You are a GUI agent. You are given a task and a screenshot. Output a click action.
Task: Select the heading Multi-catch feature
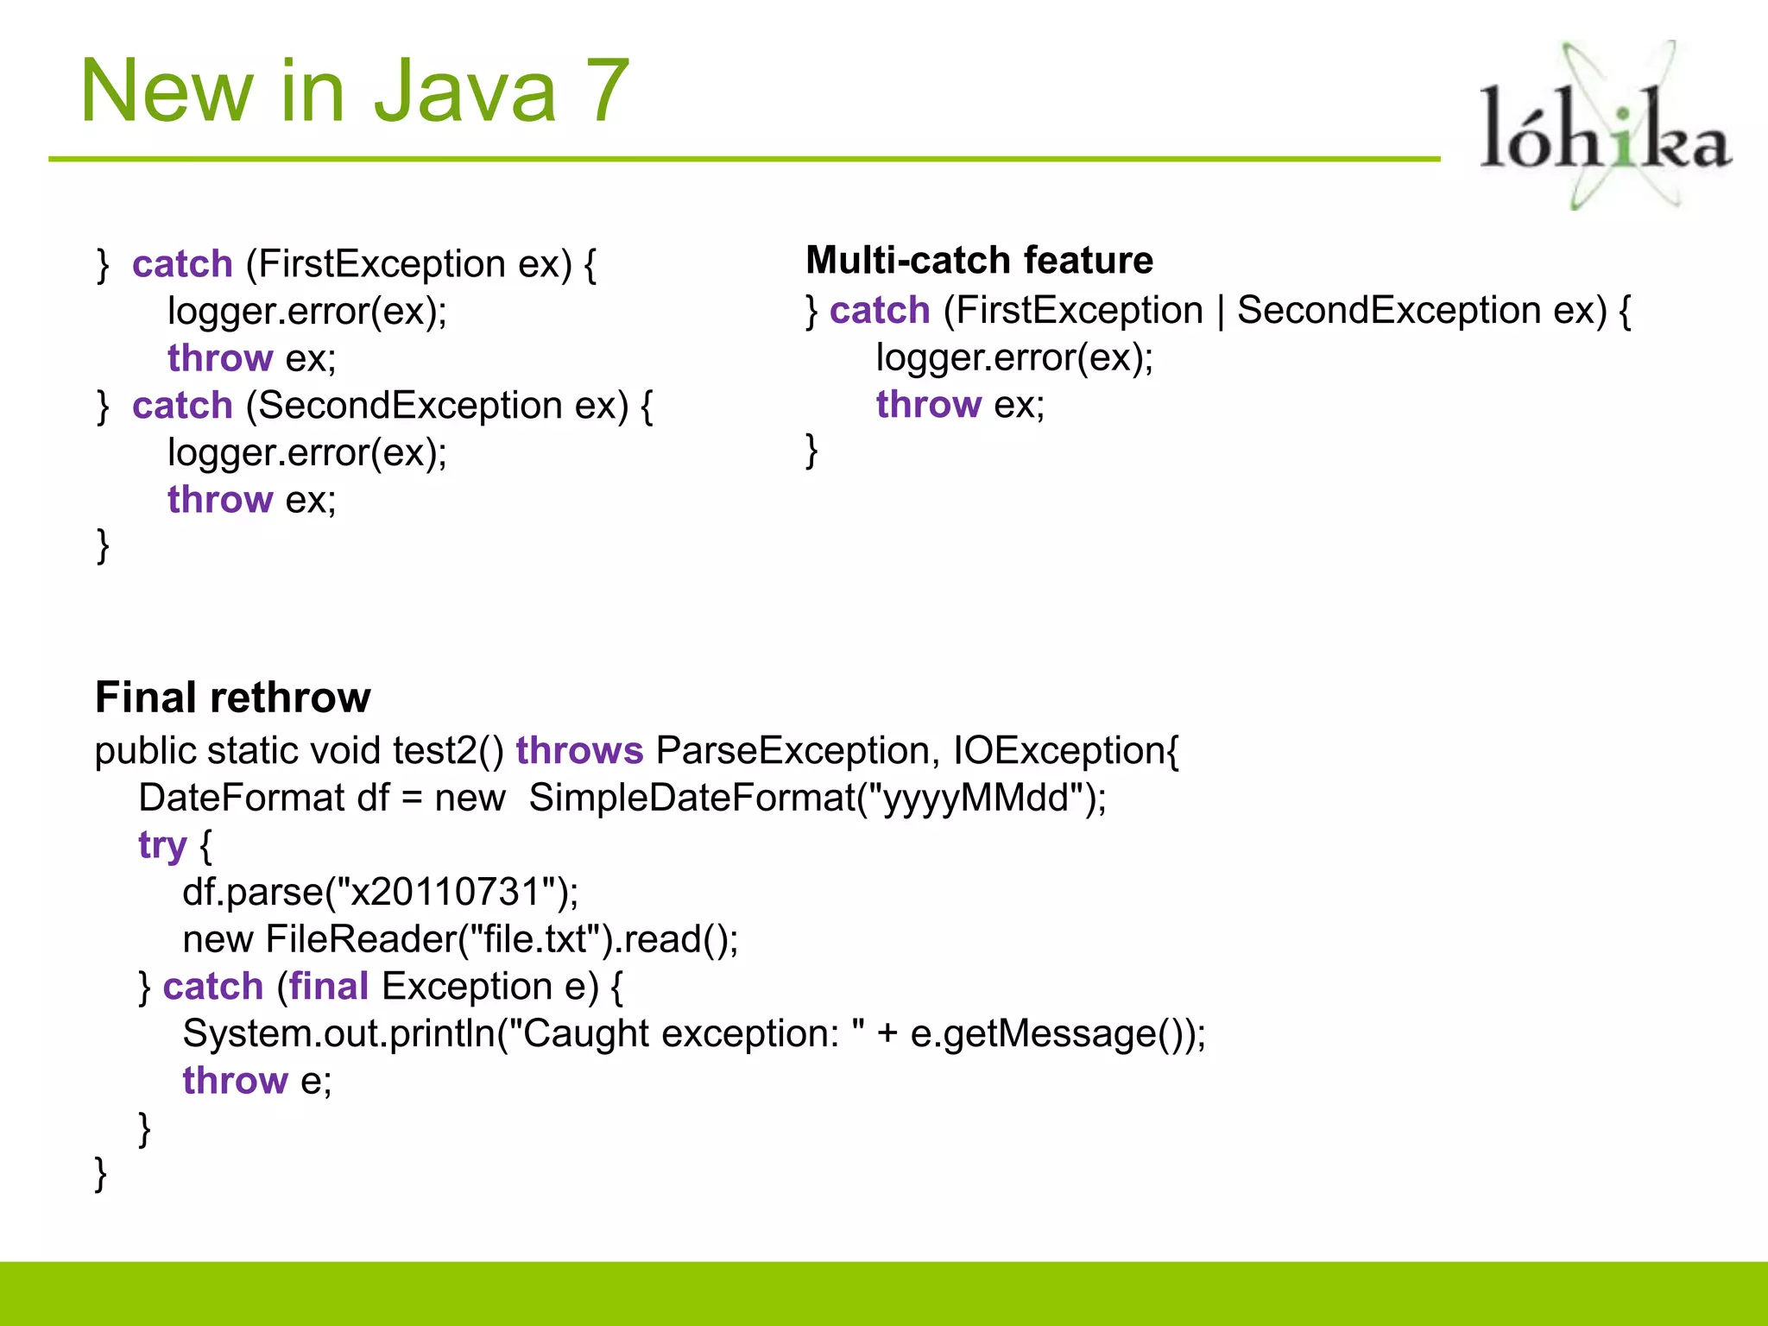[979, 260]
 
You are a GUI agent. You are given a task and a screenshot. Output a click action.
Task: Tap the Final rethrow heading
[233, 698]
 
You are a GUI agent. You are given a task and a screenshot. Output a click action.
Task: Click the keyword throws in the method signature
[579, 750]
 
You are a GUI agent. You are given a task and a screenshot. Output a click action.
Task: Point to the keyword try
[162, 844]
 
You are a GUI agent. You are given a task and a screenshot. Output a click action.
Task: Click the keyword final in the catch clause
[329, 986]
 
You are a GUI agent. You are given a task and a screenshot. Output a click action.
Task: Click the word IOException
[1058, 750]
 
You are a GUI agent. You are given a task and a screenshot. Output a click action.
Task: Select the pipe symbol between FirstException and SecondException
[1221, 311]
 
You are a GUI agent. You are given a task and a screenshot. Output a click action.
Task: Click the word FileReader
[361, 938]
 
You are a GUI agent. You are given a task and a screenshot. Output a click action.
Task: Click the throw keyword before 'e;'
[235, 1080]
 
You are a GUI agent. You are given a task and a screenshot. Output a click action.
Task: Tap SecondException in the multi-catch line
[1388, 310]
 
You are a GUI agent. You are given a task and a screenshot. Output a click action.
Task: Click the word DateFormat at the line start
[241, 797]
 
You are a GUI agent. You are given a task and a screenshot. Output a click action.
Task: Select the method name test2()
[448, 750]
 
